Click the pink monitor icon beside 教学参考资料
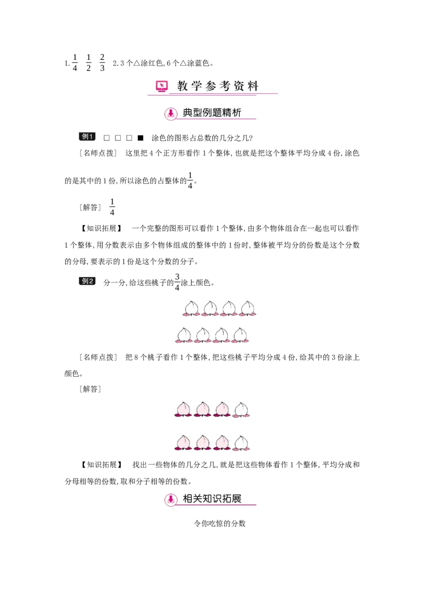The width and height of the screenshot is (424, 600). tap(162, 86)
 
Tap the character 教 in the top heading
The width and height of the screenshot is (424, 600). tap(182, 86)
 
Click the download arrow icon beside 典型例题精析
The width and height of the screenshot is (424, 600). tap(171, 113)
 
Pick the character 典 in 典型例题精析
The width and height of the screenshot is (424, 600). tap(188, 113)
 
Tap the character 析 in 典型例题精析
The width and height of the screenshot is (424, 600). tap(236, 113)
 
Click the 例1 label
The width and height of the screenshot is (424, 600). tap(87, 138)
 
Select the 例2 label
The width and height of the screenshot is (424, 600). tap(87, 281)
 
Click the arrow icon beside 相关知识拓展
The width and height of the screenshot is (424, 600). tap(171, 499)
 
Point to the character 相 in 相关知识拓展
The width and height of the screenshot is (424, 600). tap(188, 499)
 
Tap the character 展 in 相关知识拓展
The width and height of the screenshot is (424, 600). tap(236, 499)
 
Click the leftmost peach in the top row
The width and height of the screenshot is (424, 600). tap(190, 308)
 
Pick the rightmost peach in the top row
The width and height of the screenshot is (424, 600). tap(247, 308)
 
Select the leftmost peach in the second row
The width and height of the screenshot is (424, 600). tap(183, 335)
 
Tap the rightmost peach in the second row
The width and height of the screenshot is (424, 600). tap(240, 335)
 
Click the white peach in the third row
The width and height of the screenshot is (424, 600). tap(242, 409)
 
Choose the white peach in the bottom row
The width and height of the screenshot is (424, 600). tap(242, 443)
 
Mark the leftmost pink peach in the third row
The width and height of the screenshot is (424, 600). tap(182, 409)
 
